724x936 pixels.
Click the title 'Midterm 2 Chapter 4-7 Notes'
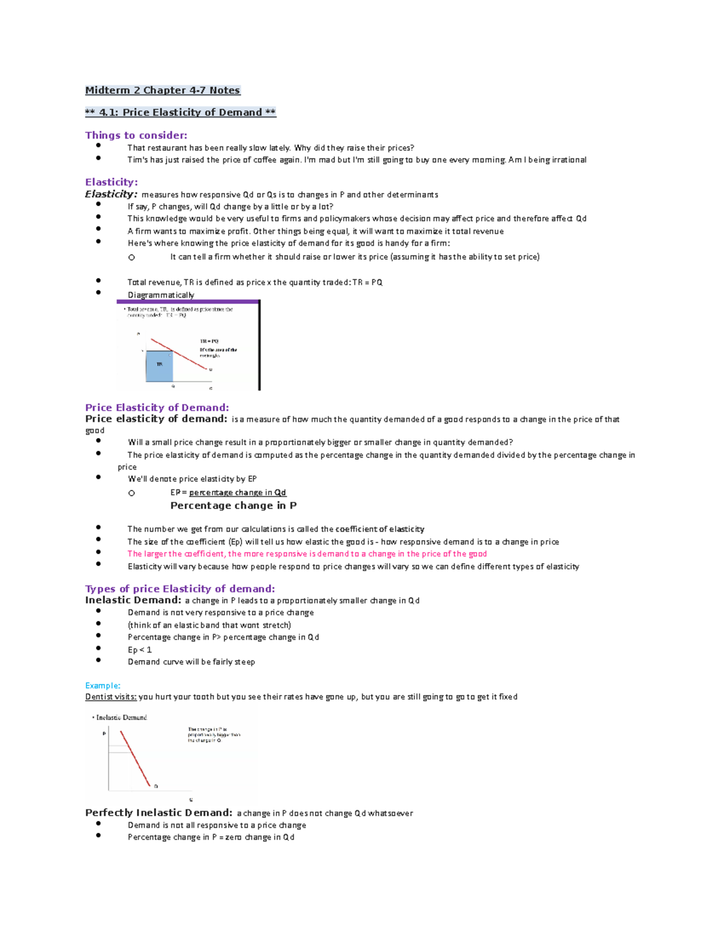[x=162, y=90]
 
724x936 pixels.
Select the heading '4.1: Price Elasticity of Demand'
[x=180, y=112]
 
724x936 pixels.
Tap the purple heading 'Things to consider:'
[x=136, y=135]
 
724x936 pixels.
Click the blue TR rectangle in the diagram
[x=159, y=365]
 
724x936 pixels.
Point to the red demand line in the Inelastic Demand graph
[x=135, y=758]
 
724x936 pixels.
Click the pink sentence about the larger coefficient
[x=306, y=554]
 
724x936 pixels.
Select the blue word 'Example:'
[x=103, y=685]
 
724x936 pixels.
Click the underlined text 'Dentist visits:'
[x=111, y=697]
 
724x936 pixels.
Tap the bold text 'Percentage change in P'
[x=233, y=506]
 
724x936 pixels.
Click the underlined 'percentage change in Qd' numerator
[x=237, y=492]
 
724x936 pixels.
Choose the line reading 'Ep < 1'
[x=139, y=650]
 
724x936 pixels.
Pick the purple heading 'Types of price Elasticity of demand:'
[x=180, y=589]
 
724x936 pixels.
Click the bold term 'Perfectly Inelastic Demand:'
[x=158, y=812]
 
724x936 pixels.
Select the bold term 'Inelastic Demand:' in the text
[x=133, y=600]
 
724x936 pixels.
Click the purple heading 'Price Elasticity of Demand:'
[x=157, y=407]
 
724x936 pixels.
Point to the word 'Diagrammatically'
[x=160, y=295]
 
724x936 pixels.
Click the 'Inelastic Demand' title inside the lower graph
[x=121, y=717]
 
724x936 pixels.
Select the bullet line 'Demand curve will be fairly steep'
[x=191, y=662]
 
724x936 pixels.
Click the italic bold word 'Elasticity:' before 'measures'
[x=111, y=194]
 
